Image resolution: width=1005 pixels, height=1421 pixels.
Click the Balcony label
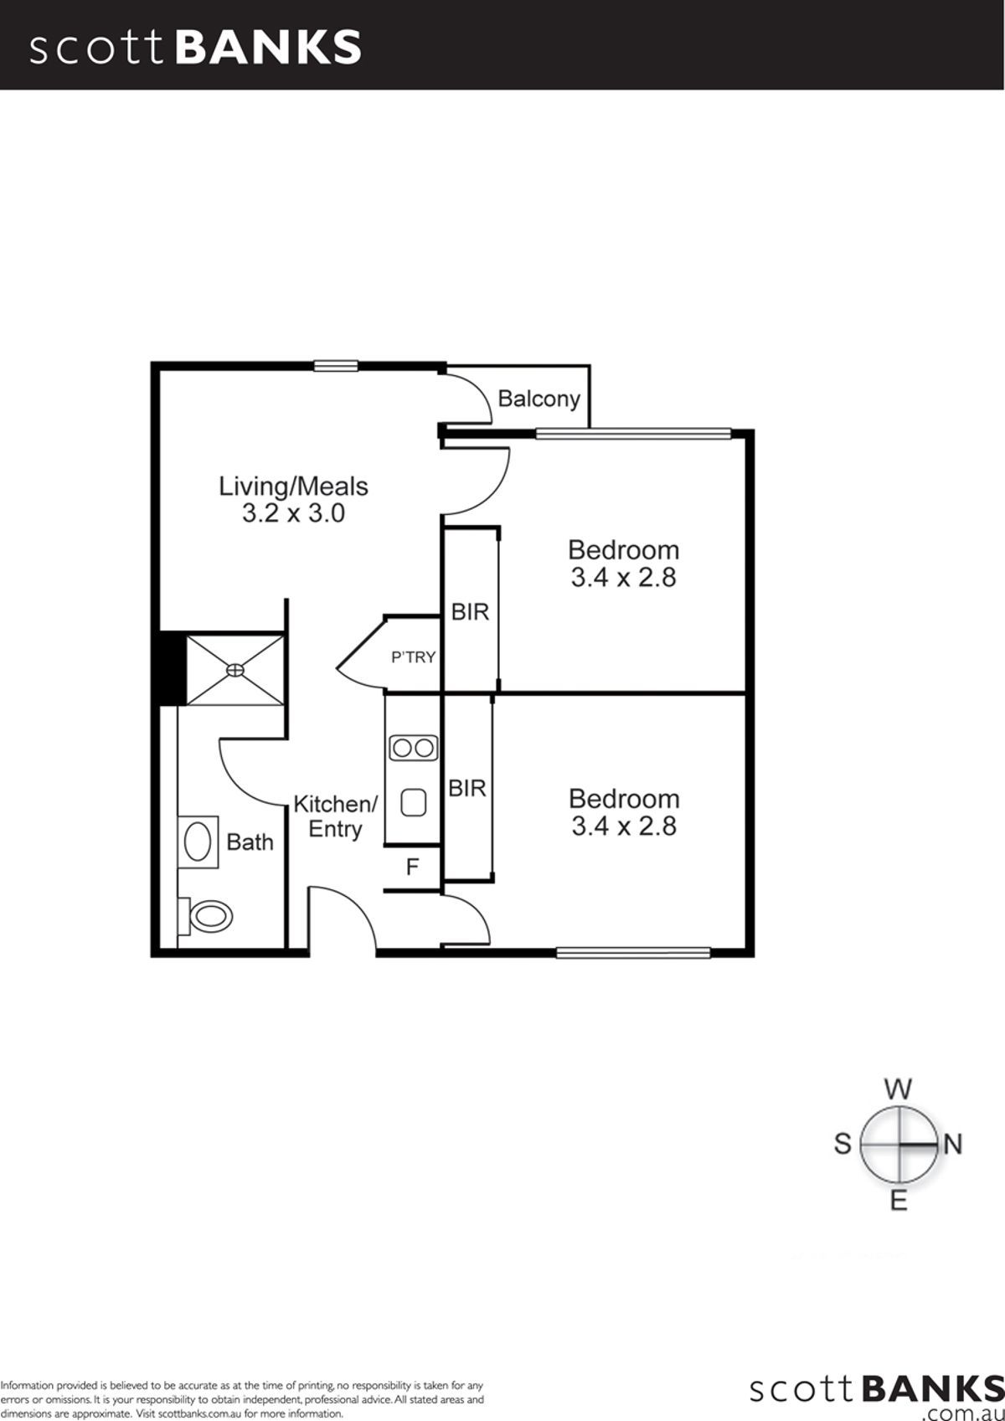(539, 399)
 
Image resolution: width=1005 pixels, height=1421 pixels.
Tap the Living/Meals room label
(293, 487)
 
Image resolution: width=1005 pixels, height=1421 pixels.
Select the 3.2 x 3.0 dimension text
(293, 512)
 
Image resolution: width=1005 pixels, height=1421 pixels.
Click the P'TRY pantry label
(413, 657)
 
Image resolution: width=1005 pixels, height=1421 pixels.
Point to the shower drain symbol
(235, 670)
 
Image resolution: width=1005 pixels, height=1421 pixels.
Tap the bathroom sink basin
(198, 842)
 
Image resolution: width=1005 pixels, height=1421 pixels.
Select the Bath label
(250, 842)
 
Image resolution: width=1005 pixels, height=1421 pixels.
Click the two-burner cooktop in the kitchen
(413, 749)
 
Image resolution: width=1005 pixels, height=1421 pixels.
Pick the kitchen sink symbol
(414, 802)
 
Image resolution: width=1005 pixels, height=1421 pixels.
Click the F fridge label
(412, 867)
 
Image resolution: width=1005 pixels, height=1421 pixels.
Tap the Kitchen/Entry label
(335, 817)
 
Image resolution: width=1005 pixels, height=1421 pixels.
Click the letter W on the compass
(898, 1089)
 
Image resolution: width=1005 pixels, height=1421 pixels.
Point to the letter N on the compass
(954, 1144)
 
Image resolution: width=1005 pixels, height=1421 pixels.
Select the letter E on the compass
(899, 1201)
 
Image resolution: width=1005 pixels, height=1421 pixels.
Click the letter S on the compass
(843, 1144)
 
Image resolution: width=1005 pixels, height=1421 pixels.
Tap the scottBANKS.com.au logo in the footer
(877, 1393)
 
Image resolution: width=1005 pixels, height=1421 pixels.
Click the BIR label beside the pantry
(470, 612)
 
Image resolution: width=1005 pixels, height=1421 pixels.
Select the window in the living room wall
(336, 365)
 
